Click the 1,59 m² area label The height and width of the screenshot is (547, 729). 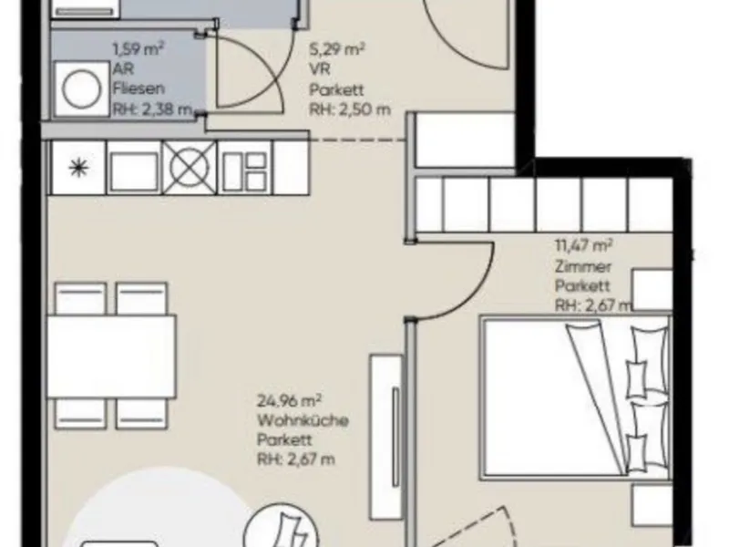pos(139,49)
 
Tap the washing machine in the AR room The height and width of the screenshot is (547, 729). pos(81,88)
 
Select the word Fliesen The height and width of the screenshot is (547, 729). pos(139,88)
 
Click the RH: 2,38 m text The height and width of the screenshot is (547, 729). pos(152,109)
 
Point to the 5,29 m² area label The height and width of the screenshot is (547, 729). pos(337,49)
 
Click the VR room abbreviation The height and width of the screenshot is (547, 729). pos(320,69)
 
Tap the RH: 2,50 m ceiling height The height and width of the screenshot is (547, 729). pos(350,109)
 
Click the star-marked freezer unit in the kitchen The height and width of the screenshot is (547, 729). pos(77,168)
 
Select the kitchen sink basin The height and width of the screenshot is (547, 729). pos(133,168)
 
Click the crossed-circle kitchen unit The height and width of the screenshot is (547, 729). pos(190,168)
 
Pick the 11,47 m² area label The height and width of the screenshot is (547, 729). pos(584,245)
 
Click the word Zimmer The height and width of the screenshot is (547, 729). pos(583,266)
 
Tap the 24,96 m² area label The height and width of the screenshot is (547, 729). pos(290,400)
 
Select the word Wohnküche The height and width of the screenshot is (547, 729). pos(303,420)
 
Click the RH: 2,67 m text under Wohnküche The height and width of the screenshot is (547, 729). pos(296,459)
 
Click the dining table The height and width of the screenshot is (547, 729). pos(111,356)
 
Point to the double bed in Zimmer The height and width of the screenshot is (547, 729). pos(577,397)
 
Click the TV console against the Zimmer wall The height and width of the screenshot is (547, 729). pos(386,428)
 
